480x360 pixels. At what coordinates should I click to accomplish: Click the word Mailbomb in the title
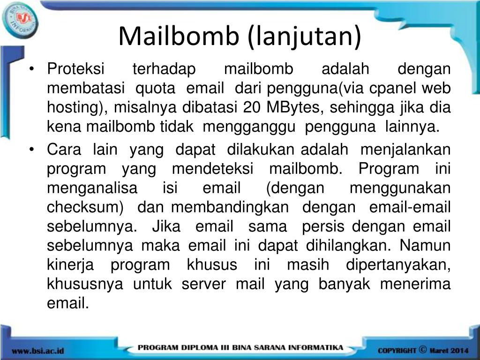(179, 36)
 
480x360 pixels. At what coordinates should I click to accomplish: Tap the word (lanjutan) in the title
(305, 37)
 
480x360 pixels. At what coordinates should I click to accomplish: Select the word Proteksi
(75, 68)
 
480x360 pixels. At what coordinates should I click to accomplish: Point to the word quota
(155, 89)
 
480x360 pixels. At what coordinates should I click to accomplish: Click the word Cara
(64, 150)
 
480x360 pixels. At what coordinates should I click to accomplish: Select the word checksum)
(85, 207)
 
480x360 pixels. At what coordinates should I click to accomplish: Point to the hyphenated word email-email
(410, 207)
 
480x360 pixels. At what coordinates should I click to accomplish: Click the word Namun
(425, 246)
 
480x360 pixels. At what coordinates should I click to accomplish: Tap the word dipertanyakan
(398, 265)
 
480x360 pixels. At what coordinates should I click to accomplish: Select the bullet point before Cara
(31, 150)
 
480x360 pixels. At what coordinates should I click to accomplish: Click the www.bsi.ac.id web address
(38, 351)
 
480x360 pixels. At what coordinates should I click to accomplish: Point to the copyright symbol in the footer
(422, 349)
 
